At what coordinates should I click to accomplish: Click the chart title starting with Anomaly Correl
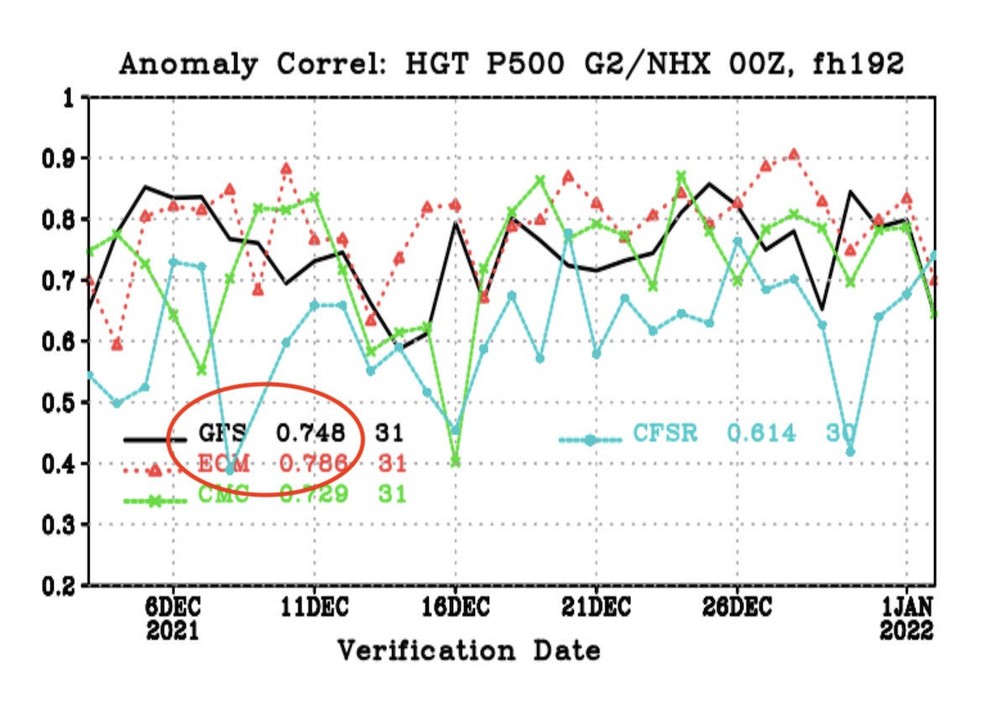511,64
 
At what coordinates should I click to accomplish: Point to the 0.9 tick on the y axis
59,159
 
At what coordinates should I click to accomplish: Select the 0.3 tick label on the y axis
59,526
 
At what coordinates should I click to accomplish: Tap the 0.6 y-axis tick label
59,342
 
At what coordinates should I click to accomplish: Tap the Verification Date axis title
469,650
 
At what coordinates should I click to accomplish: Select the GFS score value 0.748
312,433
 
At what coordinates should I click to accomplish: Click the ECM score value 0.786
312,464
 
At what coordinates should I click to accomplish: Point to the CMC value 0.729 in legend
312,495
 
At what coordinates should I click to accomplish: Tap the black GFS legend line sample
154,439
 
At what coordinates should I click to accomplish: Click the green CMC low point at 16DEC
456,461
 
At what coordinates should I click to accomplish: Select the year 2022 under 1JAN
907,631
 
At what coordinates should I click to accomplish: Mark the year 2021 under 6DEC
173,631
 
